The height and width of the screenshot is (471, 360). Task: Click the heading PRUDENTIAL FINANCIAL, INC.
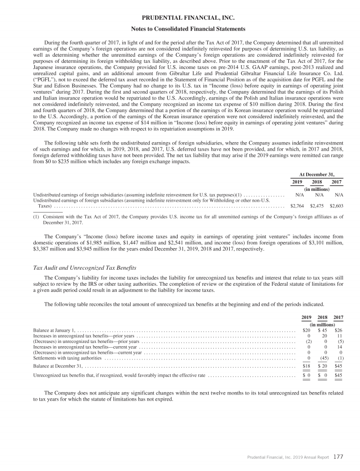coord(180,18)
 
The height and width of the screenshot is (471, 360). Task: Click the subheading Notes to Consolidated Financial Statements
coord(180,29)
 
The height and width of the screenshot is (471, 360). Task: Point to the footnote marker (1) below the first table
coord(36,217)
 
